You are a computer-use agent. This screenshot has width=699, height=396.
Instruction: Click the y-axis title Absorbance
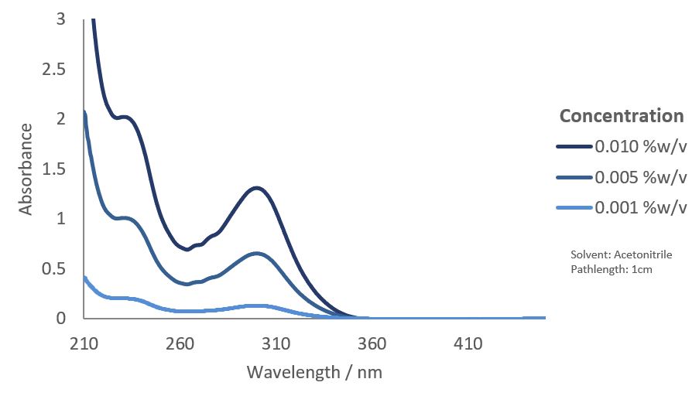26,169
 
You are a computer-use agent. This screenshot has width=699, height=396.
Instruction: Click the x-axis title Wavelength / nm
314,372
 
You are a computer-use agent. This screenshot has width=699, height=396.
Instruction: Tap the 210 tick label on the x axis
84,343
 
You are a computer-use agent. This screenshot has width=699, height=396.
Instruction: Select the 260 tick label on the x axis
180,343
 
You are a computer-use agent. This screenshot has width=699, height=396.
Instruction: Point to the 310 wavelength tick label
276,343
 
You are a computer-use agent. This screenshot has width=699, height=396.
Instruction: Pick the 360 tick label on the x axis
372,343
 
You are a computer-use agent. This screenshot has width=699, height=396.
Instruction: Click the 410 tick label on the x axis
468,343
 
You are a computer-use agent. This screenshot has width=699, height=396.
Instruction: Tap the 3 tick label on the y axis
60,19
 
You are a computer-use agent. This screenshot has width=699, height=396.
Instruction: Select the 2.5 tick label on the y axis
54,69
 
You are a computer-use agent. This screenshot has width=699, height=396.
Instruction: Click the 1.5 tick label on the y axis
54,169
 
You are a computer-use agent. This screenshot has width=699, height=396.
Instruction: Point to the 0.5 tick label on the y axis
54,268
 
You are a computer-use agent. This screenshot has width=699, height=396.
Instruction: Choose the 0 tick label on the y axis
60,318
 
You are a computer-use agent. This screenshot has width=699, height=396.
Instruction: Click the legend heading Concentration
622,116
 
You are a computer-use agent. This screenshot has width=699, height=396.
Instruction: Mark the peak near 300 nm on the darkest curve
256,188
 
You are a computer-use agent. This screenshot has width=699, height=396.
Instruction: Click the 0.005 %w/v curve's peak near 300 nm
256,253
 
